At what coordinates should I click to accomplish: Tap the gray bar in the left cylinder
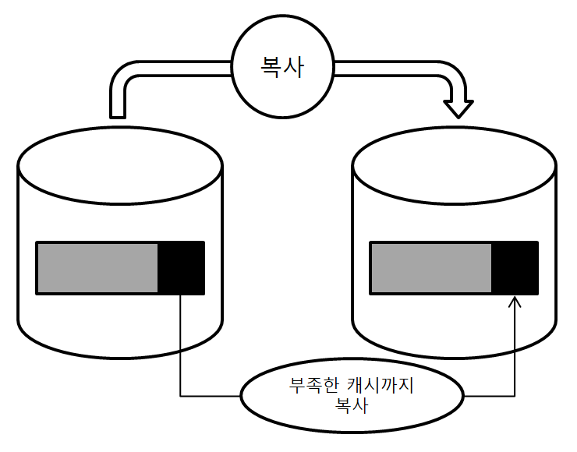pyautogui.click(x=97, y=268)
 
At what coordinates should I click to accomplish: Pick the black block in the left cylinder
pyautogui.click(x=181, y=268)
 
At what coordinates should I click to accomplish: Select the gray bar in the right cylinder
pyautogui.click(x=431, y=268)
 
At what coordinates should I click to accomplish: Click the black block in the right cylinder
pyautogui.click(x=515, y=268)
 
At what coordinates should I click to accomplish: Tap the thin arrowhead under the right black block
pyautogui.click(x=514, y=302)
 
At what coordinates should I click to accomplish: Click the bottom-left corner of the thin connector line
pyautogui.click(x=181, y=396)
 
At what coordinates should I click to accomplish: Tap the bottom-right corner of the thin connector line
pyautogui.click(x=514, y=396)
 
